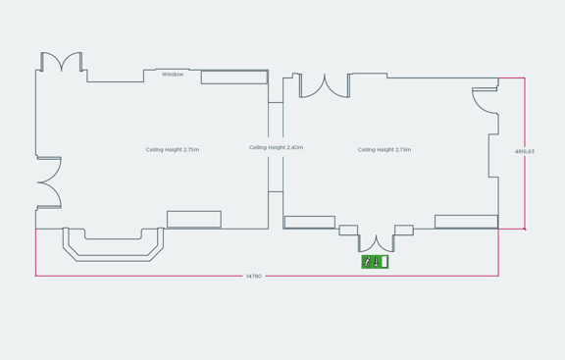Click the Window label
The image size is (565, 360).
coord(173,75)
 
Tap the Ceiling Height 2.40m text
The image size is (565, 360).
coord(276,148)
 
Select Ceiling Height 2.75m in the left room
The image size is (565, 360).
coord(173,150)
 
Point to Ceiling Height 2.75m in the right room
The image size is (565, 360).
coord(385,150)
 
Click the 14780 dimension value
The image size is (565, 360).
coord(254,277)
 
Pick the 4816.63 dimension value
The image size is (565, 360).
coord(525,152)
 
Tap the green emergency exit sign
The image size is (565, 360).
coord(375,262)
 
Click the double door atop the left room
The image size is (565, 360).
coord(61,63)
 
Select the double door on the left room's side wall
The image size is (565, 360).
coord(49,182)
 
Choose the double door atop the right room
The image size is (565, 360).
coord(325,86)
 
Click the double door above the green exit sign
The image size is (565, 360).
coord(375,242)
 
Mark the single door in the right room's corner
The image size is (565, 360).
coord(485,101)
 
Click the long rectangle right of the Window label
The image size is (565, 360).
coord(234,77)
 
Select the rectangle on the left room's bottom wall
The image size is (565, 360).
coord(193,220)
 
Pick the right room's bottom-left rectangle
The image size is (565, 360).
coord(309,223)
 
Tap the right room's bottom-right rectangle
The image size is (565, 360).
coord(466,222)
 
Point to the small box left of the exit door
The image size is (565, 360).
coord(348,231)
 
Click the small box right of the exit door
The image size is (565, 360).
coord(403,231)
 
